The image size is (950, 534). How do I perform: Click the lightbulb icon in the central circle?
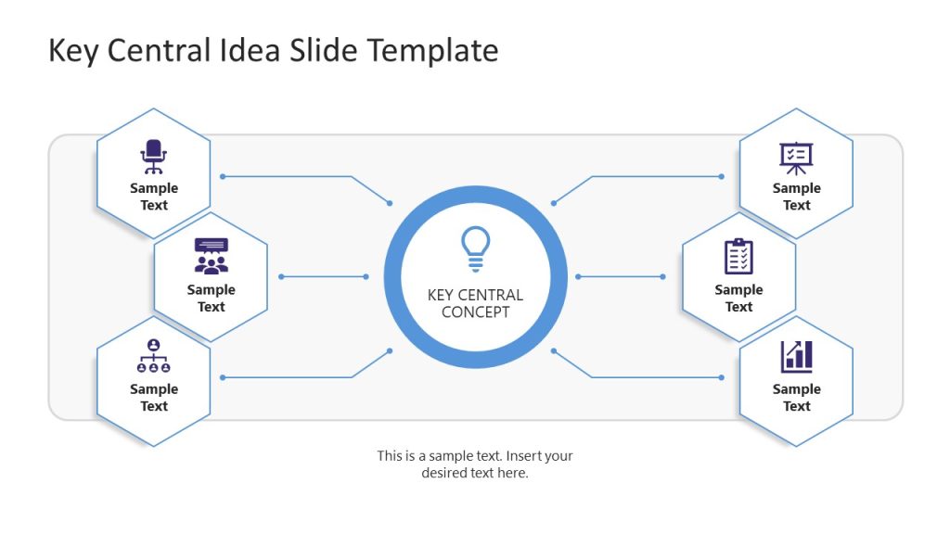coord(475,248)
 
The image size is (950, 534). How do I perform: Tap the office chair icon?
coord(153,157)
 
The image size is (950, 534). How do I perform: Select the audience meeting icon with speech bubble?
coord(211,257)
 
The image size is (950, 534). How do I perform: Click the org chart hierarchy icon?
coord(153,356)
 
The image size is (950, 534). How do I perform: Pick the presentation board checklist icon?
coord(796,158)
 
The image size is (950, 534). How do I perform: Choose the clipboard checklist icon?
coord(738,257)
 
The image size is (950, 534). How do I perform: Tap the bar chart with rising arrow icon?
coord(796,356)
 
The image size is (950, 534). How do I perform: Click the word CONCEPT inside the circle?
coord(475,312)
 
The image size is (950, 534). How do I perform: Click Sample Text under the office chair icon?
coord(154,197)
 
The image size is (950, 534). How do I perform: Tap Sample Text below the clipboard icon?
coord(738,298)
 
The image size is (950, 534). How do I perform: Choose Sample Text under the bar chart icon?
coord(796,398)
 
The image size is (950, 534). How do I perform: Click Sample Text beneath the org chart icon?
coord(154,398)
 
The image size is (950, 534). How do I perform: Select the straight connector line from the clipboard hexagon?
coord(620,276)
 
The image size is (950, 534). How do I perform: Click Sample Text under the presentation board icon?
coord(796,197)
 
